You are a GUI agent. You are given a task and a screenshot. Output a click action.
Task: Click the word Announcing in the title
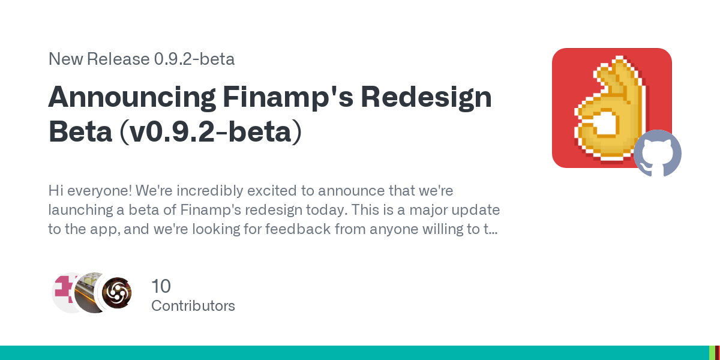[x=132, y=98]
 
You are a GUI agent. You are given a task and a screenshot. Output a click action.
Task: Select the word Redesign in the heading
[x=426, y=98]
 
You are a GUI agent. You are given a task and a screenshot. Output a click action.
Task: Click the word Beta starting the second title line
[x=80, y=131]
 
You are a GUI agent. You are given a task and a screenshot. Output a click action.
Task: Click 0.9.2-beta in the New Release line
[x=194, y=59]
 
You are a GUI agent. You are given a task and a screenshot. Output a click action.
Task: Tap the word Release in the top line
[x=118, y=59]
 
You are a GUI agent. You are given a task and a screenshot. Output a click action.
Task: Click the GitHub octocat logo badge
[x=658, y=153]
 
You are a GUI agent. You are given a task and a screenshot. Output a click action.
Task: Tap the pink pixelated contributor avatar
[x=64, y=293]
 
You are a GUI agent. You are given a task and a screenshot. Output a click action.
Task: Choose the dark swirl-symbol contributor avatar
[x=116, y=293]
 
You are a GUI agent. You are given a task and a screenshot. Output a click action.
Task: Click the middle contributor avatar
[x=88, y=293]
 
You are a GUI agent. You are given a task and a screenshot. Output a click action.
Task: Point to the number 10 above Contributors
[x=161, y=286]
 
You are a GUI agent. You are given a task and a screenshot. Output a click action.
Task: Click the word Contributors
[x=193, y=306]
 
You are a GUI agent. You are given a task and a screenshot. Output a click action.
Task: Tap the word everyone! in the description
[x=100, y=191]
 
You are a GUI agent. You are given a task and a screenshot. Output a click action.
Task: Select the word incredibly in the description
[x=210, y=191]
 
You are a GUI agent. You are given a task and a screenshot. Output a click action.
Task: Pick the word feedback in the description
[x=298, y=229]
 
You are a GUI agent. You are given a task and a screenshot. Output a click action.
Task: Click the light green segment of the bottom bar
[x=712, y=353]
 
